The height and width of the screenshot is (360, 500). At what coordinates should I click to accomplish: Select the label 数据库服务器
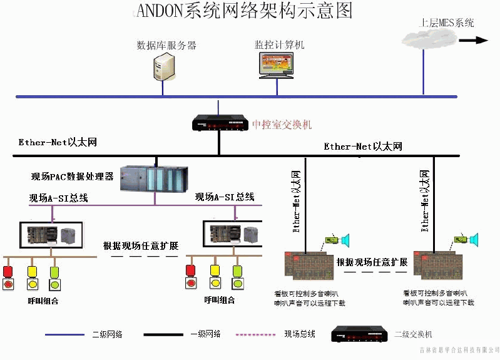(166, 45)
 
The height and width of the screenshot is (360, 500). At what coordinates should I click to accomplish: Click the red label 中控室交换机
(282, 125)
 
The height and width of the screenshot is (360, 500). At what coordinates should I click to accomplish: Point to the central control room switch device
(220, 122)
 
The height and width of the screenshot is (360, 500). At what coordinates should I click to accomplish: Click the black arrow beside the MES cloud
(474, 40)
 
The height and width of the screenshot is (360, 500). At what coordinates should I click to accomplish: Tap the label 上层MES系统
(447, 24)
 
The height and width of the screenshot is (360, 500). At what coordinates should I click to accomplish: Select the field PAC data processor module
(153, 179)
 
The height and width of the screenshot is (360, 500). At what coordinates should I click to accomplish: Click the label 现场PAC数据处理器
(73, 177)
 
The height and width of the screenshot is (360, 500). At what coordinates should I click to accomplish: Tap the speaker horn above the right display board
(474, 239)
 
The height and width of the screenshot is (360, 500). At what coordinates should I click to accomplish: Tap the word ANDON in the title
(161, 11)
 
